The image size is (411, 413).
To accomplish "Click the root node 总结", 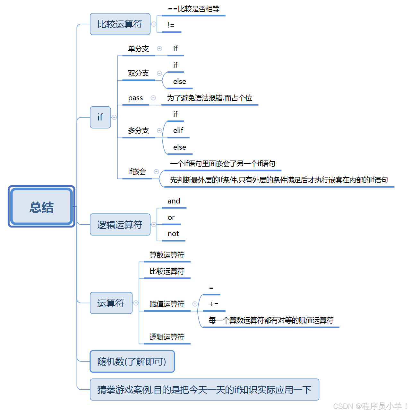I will (x=41, y=207).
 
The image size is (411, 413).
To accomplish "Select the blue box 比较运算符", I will (x=120, y=24).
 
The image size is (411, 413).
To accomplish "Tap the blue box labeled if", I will (x=100, y=117).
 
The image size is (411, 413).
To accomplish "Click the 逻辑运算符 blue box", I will (x=120, y=225).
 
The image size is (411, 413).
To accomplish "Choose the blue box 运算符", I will (x=111, y=303).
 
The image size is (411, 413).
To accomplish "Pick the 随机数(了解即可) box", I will (x=132, y=361).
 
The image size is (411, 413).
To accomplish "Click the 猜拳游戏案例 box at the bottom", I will (x=204, y=390).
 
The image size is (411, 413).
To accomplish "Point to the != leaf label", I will (x=171, y=25).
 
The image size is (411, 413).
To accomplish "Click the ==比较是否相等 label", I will (x=194, y=9).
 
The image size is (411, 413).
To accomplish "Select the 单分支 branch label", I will (x=138, y=49).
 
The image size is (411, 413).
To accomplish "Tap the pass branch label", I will (x=135, y=98).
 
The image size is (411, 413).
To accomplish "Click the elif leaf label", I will (x=178, y=130).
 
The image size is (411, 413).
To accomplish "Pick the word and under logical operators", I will (x=174, y=201).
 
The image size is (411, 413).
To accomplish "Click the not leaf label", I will (x=173, y=234).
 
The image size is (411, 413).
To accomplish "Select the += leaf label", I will (x=214, y=304).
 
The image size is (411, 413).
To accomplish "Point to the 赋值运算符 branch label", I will (x=167, y=304).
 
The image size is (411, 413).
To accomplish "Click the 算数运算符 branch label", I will (x=167, y=255).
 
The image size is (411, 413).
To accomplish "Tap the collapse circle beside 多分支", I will (x=159, y=131).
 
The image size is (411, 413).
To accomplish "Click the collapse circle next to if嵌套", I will (x=156, y=172).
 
